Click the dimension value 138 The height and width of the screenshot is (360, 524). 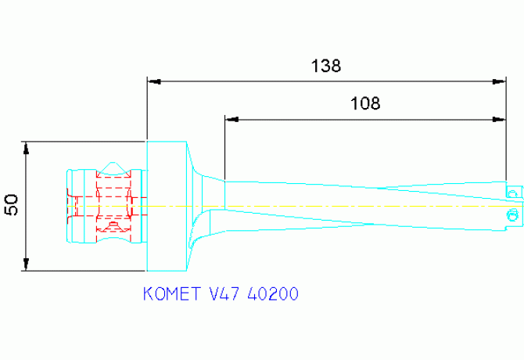(x=325, y=66)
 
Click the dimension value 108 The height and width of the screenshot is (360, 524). (x=364, y=103)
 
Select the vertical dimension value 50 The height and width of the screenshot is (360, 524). (x=12, y=205)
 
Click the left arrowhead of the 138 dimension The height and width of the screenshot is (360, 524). (x=154, y=81)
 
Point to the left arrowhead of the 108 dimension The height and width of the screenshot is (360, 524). (x=231, y=119)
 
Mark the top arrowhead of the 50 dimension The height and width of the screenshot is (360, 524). (x=26, y=147)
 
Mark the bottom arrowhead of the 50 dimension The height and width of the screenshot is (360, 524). (x=26, y=265)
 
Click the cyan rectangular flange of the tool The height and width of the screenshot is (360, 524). (x=167, y=206)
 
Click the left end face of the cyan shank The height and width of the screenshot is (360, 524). (x=69, y=206)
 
